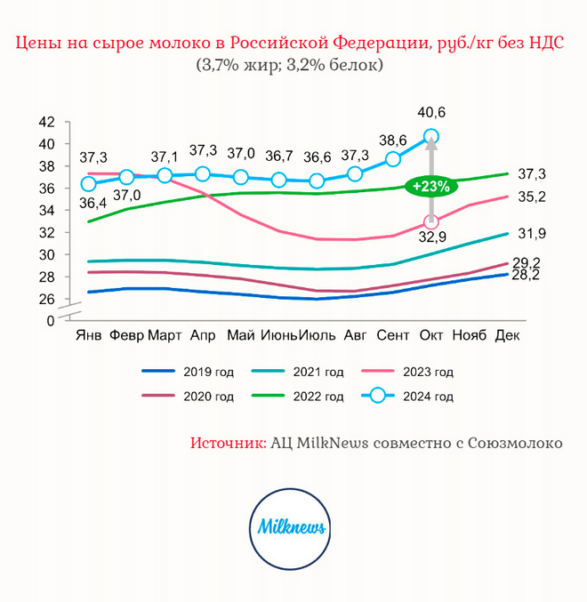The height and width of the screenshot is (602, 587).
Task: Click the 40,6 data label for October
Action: pyautogui.click(x=431, y=113)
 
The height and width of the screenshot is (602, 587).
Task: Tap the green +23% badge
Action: pyautogui.click(x=429, y=188)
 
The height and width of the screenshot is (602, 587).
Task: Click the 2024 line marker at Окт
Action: pyautogui.click(x=431, y=137)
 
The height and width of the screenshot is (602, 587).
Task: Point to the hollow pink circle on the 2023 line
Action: pyautogui.click(x=431, y=222)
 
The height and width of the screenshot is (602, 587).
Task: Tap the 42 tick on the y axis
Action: pyautogui.click(x=47, y=122)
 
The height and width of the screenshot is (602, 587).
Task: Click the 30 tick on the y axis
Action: pyautogui.click(x=47, y=255)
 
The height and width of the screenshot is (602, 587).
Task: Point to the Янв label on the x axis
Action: pyautogui.click(x=88, y=335)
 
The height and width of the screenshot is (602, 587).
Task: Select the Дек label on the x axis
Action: pyautogui.click(x=507, y=335)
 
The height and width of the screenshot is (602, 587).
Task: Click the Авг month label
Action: pyautogui.click(x=355, y=335)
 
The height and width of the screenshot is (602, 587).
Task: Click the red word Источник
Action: pyautogui.click(x=228, y=442)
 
